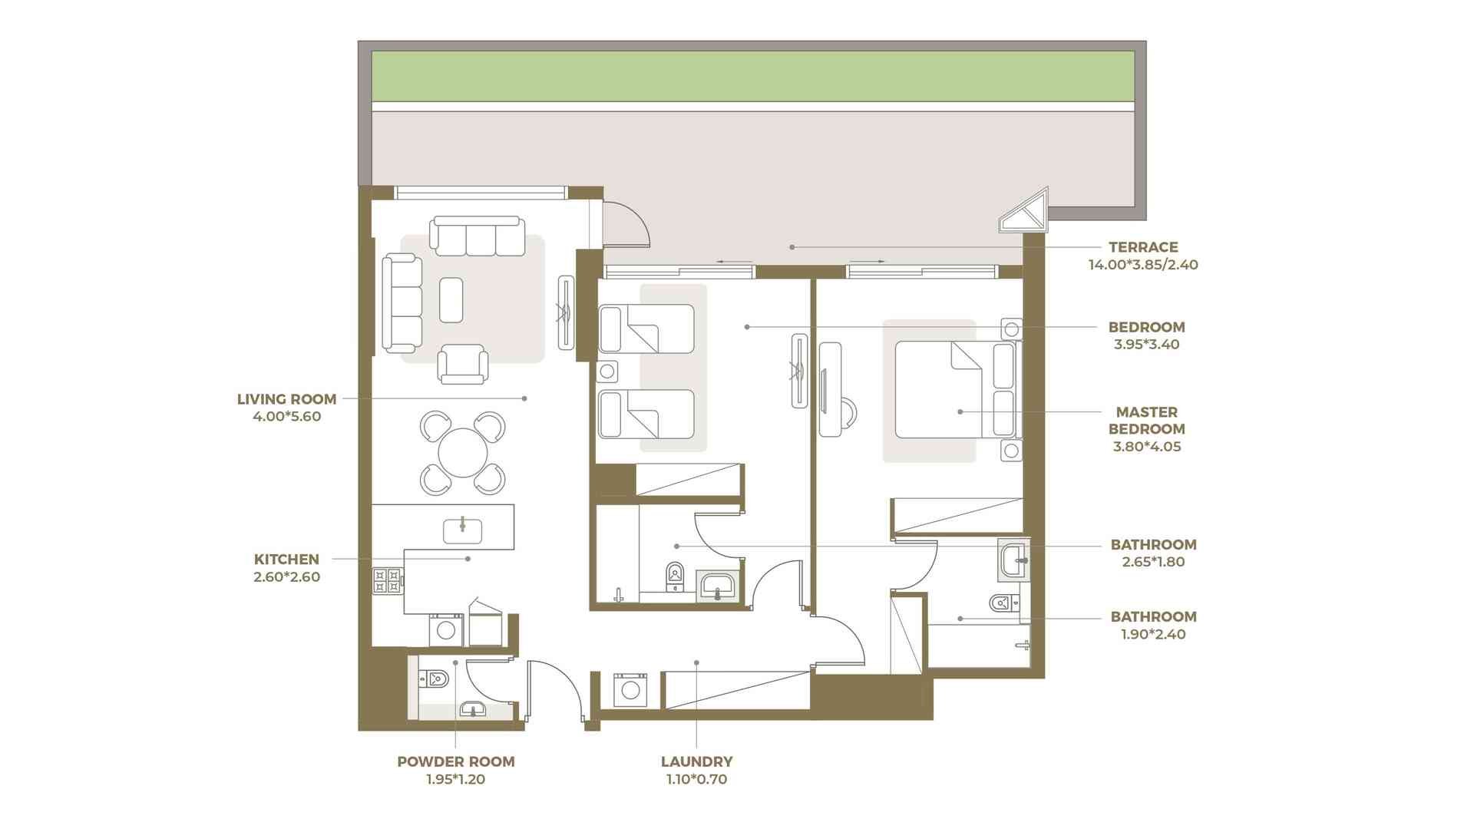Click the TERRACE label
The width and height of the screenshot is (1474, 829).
pyautogui.click(x=1143, y=247)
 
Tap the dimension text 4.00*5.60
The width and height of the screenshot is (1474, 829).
pyautogui.click(x=287, y=417)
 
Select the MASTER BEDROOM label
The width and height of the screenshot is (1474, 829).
pyautogui.click(x=1147, y=421)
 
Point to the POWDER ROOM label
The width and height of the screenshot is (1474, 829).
pyautogui.click(x=456, y=762)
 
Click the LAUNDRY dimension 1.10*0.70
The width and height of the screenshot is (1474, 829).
pyautogui.click(x=697, y=780)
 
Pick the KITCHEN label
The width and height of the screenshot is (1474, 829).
pyautogui.click(x=286, y=560)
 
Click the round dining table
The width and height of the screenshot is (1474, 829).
pyautogui.click(x=463, y=453)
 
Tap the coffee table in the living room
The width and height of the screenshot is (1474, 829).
pyautogui.click(x=451, y=299)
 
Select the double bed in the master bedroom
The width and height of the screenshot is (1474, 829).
pyautogui.click(x=956, y=389)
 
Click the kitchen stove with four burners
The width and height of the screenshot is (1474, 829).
pyautogui.click(x=388, y=580)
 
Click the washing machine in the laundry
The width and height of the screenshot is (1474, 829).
pyautogui.click(x=631, y=690)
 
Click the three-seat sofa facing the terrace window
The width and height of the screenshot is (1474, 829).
pyautogui.click(x=478, y=236)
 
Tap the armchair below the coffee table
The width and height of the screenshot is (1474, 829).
pyautogui.click(x=462, y=364)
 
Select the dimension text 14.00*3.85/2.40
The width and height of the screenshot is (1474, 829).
pyautogui.click(x=1143, y=265)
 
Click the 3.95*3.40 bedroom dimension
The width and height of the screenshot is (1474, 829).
pyautogui.click(x=1147, y=345)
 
